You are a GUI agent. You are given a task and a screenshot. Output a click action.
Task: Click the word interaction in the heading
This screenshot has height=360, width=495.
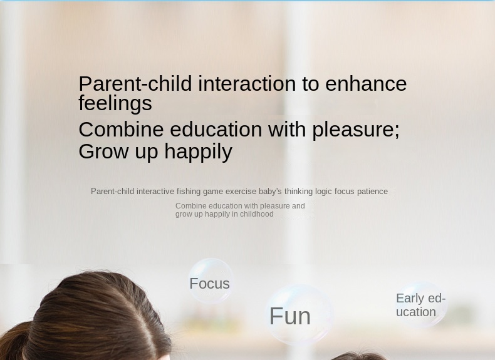point(247,84)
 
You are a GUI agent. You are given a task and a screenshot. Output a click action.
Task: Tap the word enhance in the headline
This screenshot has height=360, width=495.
point(366,84)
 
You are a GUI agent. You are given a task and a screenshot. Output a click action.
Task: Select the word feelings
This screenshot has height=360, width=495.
point(115,103)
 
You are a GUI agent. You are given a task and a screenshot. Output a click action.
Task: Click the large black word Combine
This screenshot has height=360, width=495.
point(121,129)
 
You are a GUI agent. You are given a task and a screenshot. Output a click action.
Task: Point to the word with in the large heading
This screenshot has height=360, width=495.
point(286,129)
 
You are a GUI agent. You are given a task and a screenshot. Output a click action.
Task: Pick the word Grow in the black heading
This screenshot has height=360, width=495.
point(103,151)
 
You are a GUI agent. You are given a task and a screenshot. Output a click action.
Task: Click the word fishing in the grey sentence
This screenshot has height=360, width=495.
point(189,192)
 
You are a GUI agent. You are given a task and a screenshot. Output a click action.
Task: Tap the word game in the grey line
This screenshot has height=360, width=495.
point(213,192)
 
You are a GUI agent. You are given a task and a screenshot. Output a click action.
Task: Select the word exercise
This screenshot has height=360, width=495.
point(241,192)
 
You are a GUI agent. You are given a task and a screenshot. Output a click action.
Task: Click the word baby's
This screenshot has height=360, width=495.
point(270,192)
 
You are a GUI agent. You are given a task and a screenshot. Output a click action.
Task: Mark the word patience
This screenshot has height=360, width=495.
point(372,192)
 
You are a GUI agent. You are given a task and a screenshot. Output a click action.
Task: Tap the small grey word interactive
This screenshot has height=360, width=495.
point(155,192)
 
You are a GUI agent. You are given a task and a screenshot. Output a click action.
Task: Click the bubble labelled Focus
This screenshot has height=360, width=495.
point(211,281)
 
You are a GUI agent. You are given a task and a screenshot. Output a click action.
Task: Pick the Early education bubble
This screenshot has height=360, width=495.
point(421,305)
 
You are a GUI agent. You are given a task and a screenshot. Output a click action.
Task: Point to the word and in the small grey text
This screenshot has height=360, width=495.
point(298,206)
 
